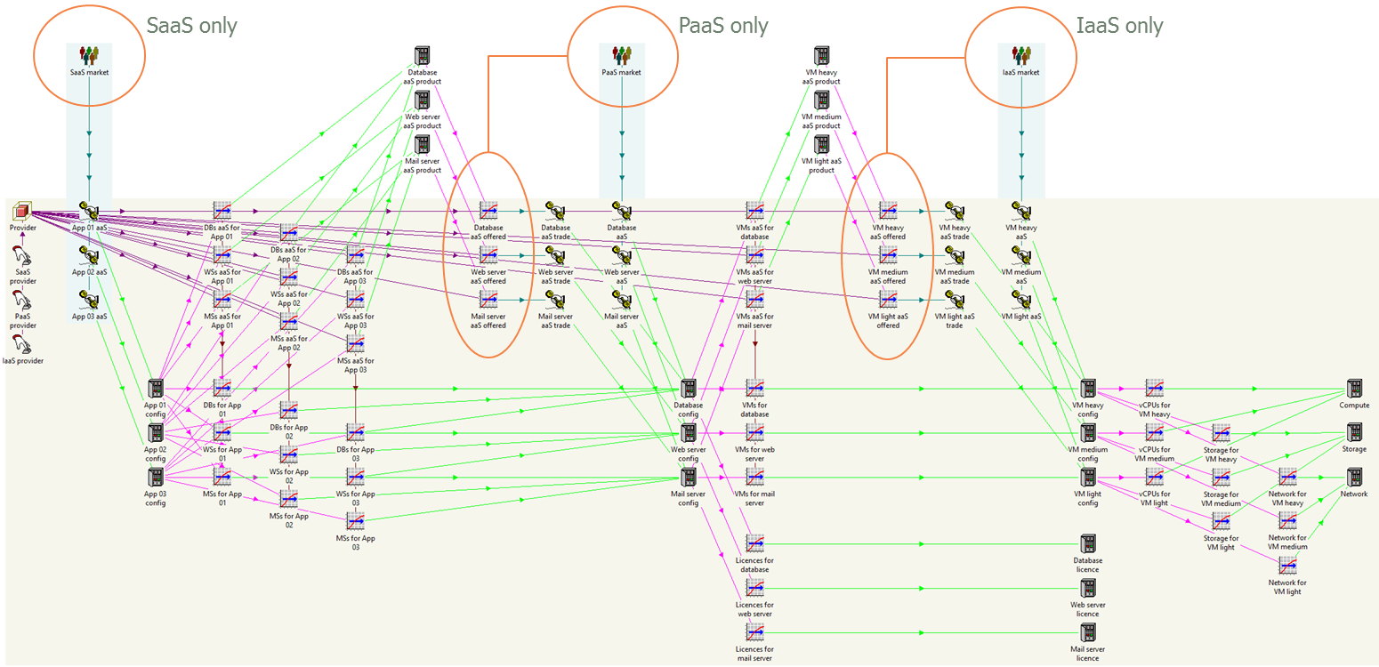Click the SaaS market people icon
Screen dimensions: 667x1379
[x=89, y=55]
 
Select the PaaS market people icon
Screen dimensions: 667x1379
[x=622, y=55]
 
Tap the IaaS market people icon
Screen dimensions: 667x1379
[x=1021, y=55]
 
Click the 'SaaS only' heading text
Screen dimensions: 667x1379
[x=192, y=26]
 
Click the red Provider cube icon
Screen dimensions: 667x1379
[x=22, y=212]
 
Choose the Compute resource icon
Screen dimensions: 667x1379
[x=1354, y=389]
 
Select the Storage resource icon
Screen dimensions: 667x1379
[x=1354, y=433]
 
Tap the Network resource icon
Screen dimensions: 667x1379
[x=1354, y=478]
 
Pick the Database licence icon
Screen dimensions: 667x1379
[x=1088, y=544]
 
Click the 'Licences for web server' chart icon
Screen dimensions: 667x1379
[x=755, y=588]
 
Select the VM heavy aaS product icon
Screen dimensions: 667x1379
[x=821, y=56]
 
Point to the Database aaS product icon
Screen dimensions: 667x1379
[x=423, y=56]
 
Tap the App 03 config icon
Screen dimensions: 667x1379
[x=156, y=478]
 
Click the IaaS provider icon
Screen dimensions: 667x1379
[x=22, y=342]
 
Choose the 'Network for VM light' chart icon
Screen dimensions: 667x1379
[x=1287, y=566]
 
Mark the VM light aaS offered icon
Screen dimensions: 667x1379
[x=888, y=300]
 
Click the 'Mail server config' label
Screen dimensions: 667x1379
[x=688, y=499]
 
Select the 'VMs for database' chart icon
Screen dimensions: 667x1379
[x=755, y=389]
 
